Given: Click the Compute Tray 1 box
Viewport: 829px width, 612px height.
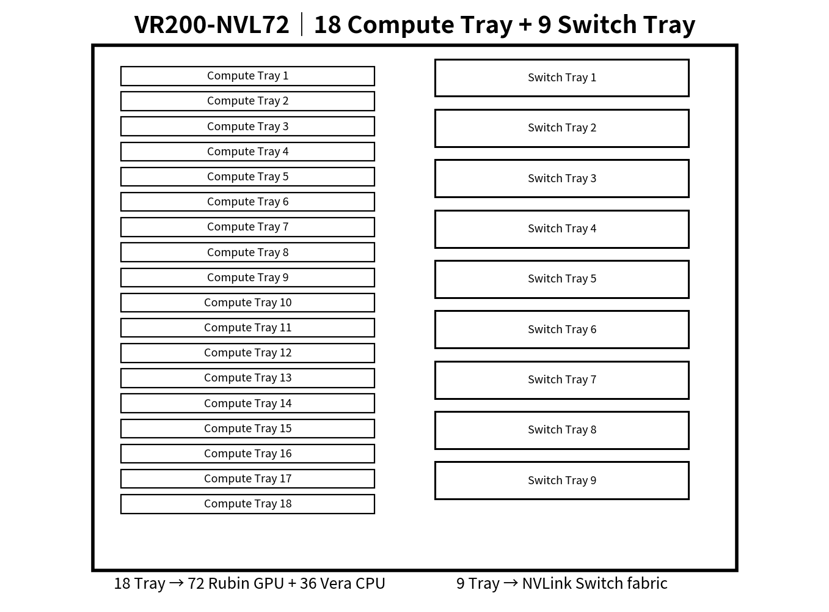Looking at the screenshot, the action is pos(247,76).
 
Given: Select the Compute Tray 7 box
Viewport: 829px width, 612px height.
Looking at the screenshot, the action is pos(247,227).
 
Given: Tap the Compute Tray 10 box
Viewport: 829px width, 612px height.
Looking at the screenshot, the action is pos(247,303).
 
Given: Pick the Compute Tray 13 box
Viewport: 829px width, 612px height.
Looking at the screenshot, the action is pos(247,378).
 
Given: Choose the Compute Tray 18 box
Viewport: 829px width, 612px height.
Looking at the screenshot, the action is pos(247,504).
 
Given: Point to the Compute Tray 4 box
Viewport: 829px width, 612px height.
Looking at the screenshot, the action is pos(247,152).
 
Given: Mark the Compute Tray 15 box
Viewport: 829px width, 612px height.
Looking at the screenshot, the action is pos(247,429).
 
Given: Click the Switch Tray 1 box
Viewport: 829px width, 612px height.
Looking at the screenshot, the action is pos(562,78).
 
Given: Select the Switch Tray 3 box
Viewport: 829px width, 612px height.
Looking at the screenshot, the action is pos(562,179).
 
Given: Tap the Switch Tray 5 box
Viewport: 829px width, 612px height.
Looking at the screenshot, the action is pos(562,279).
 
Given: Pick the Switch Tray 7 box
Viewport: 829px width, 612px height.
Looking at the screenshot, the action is pos(562,380).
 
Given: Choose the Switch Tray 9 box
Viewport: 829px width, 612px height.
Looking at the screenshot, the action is pos(562,481).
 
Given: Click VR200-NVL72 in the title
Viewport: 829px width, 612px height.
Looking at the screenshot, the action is pos(211,25).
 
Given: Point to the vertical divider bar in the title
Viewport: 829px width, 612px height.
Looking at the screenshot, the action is pos(302,24).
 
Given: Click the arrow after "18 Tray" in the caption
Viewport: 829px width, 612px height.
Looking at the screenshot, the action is pos(176,583).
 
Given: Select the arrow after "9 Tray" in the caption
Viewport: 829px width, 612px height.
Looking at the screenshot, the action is pos(511,583).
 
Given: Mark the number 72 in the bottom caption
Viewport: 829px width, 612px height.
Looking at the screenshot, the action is pos(195,583).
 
